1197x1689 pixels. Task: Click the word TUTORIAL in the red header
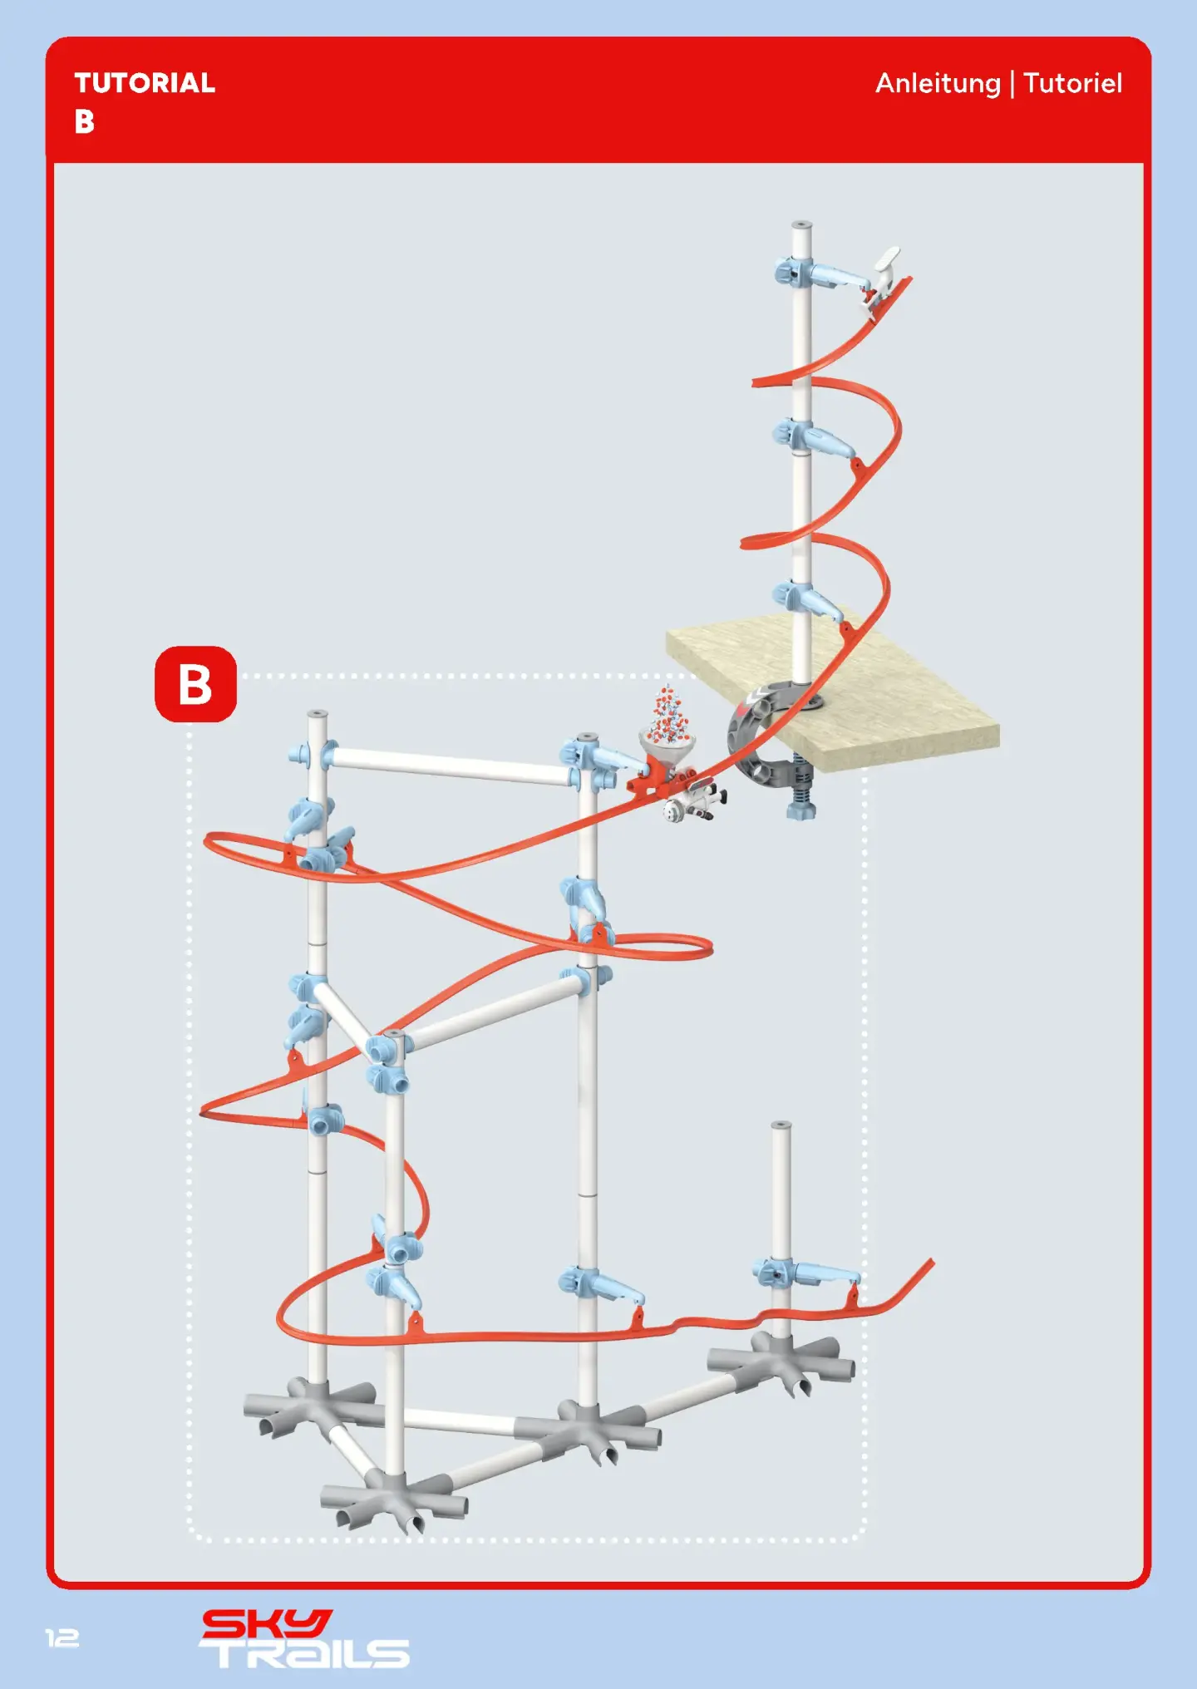tap(145, 83)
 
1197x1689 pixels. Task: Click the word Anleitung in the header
tap(938, 84)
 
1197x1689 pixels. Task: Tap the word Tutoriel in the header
tap(1072, 83)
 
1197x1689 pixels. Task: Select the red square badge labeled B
tap(195, 684)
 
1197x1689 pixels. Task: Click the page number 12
tap(62, 1637)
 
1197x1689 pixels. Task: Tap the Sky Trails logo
tap(304, 1638)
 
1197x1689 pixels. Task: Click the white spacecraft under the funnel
tap(695, 802)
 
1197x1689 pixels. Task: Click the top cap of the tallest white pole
tap(801, 225)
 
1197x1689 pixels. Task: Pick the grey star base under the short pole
tap(781, 1361)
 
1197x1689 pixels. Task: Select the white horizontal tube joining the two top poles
tap(450, 765)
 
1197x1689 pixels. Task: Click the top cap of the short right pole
tap(781, 1126)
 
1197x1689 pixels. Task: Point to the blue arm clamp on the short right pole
tap(805, 1273)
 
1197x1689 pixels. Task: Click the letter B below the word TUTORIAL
tap(84, 122)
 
